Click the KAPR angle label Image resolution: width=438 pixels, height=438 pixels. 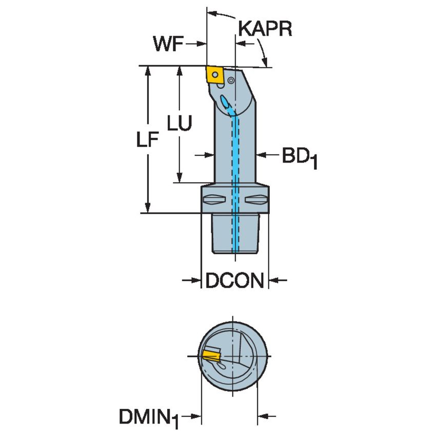(265, 29)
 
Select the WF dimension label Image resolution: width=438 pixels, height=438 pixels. (168, 45)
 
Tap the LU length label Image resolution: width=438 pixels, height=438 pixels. (180, 124)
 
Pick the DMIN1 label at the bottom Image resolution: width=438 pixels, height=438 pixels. (149, 416)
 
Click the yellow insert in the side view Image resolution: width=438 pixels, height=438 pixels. (214, 74)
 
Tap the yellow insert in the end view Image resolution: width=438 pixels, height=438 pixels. (210, 355)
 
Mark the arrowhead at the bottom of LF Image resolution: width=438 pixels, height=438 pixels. (148, 207)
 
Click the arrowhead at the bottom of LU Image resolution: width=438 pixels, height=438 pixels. (180, 177)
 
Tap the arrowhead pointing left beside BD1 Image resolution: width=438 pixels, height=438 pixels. (261, 154)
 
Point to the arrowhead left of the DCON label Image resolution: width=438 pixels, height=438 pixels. (194, 280)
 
